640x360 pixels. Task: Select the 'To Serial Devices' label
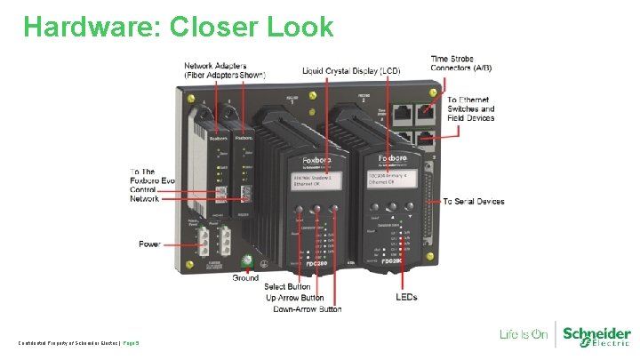tap(474, 202)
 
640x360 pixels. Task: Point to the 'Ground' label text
tap(246, 277)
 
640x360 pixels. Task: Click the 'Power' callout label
tap(150, 243)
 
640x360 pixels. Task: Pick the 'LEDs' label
tap(406, 296)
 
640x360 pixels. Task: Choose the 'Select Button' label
tap(288, 286)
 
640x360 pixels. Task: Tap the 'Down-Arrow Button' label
tap(307, 308)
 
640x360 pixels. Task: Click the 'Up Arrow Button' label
tap(297, 298)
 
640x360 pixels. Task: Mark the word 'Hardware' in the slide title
tap(82, 27)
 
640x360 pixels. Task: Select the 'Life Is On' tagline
tap(524, 335)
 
